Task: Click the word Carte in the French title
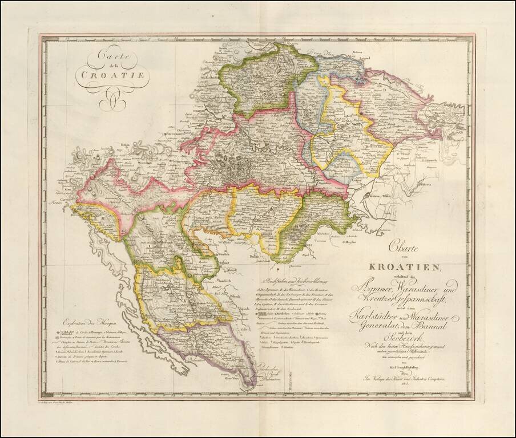112,57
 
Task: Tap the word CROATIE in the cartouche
112,74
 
